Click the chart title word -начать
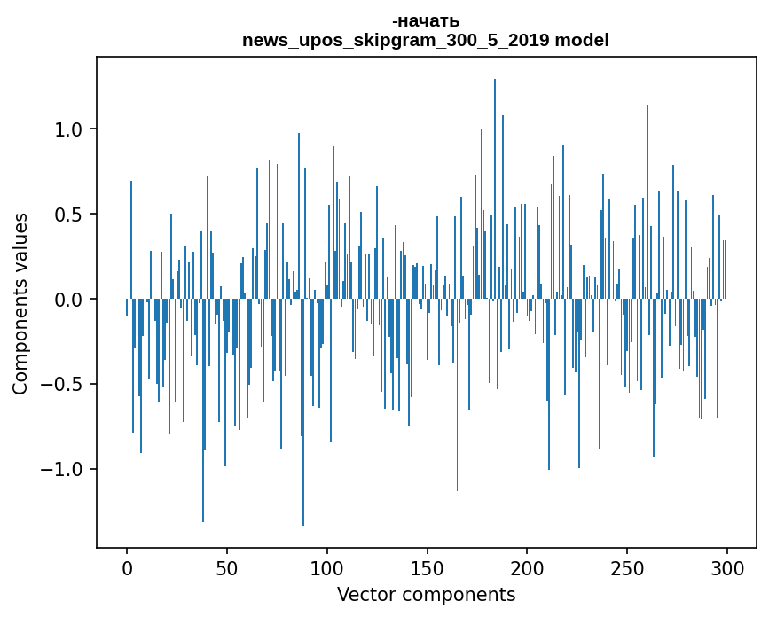pyautogui.click(x=426, y=21)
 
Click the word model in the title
pyautogui.click(x=583, y=41)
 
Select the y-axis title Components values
pyautogui.click(x=20, y=302)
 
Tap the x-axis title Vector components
pyautogui.click(x=426, y=594)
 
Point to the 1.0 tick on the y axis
pyautogui.click(x=69, y=129)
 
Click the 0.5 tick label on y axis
pyautogui.click(x=69, y=215)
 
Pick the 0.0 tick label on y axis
pyautogui.click(x=69, y=300)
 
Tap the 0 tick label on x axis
pyautogui.click(x=127, y=568)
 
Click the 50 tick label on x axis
pyautogui.click(x=227, y=568)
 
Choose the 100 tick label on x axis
pyautogui.click(x=327, y=568)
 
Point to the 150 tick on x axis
pyautogui.click(x=428, y=568)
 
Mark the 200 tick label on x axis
pyautogui.click(x=527, y=568)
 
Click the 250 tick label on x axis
pyautogui.click(x=627, y=568)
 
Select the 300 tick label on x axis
pyautogui.click(x=727, y=568)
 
